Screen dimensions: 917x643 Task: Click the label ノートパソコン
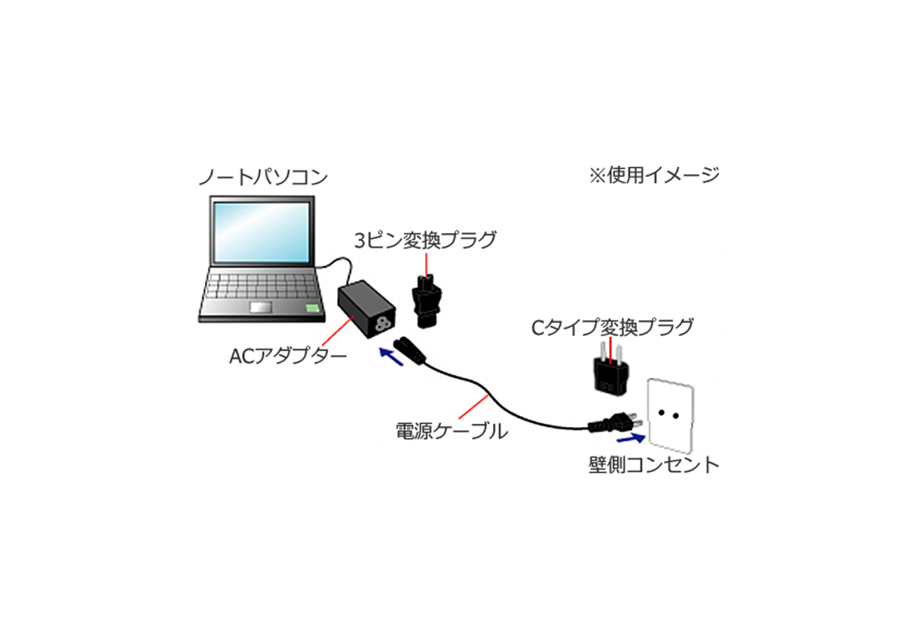pyautogui.click(x=263, y=177)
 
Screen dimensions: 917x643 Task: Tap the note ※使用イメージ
pyautogui.click(x=654, y=175)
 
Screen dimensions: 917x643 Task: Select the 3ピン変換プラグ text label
pyautogui.click(x=425, y=240)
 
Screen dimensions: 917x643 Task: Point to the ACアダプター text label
pyautogui.click(x=287, y=356)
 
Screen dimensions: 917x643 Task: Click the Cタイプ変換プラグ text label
pyautogui.click(x=612, y=327)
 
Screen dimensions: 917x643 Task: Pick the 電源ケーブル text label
pyautogui.click(x=452, y=431)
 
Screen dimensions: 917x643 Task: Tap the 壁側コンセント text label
pyautogui.click(x=654, y=465)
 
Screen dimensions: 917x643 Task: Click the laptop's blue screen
pyautogui.click(x=262, y=232)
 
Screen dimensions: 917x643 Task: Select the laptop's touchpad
pyautogui.click(x=261, y=307)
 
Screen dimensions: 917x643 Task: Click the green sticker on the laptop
pyautogui.click(x=313, y=308)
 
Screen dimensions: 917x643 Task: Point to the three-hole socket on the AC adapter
pyautogui.click(x=383, y=324)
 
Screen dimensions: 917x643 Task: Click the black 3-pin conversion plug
pyautogui.click(x=427, y=302)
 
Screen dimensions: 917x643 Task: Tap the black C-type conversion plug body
pyautogui.click(x=610, y=375)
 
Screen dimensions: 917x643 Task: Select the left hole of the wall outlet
pyautogui.click(x=661, y=412)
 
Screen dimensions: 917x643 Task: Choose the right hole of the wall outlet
pyautogui.click(x=676, y=416)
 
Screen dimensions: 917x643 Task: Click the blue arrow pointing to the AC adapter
pyautogui.click(x=391, y=356)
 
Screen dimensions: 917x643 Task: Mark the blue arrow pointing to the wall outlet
pyautogui.click(x=631, y=439)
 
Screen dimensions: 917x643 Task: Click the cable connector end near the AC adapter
pyautogui.click(x=410, y=350)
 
